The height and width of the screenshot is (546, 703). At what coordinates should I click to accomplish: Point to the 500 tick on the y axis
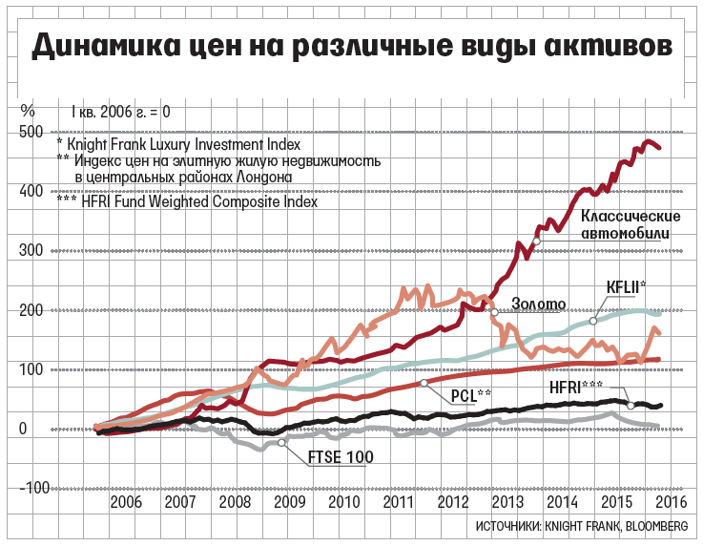(x=31, y=132)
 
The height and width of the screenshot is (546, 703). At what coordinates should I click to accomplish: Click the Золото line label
(x=539, y=304)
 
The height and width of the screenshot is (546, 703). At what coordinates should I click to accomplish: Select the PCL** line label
(x=470, y=394)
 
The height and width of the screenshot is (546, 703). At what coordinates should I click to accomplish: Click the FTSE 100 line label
(x=341, y=458)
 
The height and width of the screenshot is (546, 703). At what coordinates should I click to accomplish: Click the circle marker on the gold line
(x=494, y=312)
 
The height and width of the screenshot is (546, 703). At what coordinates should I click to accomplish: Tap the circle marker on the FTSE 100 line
(x=281, y=443)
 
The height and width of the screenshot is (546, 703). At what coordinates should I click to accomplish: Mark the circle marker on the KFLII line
(x=593, y=321)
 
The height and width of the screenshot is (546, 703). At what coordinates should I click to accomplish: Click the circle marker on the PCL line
(x=423, y=383)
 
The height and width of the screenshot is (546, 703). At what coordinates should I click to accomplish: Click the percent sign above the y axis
(x=28, y=110)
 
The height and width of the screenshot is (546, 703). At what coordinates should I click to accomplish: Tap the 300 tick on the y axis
(x=31, y=251)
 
